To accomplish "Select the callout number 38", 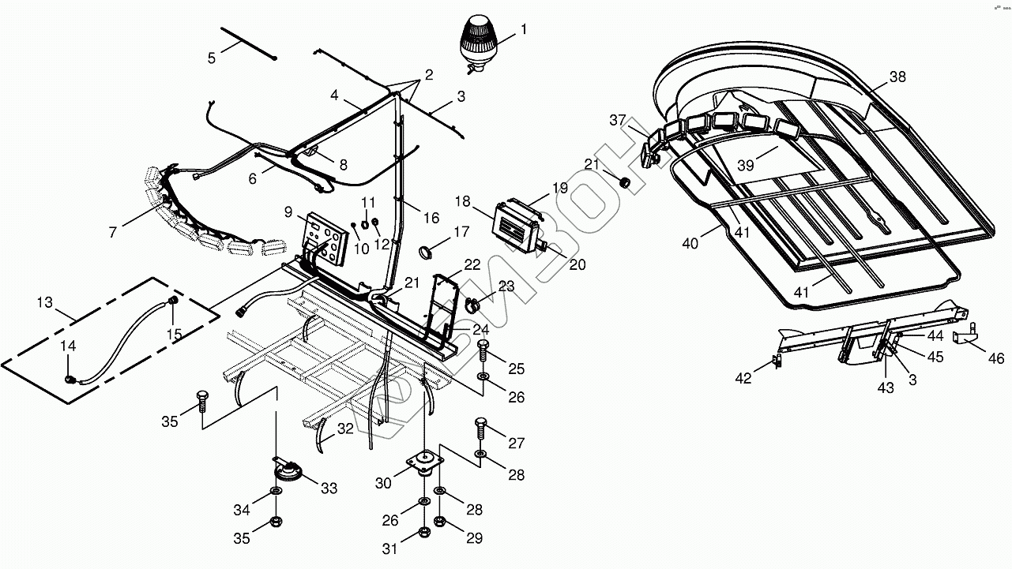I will click(x=897, y=77).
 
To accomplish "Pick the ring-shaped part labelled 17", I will click(x=427, y=252).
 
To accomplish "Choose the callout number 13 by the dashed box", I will click(x=44, y=302).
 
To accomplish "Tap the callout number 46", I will click(x=995, y=358).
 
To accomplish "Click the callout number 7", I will click(x=114, y=232).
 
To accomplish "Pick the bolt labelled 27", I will click(x=480, y=426).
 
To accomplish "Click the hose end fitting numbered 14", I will click(x=70, y=379).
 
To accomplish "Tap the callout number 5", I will click(x=211, y=58).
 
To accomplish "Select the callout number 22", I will click(x=472, y=264).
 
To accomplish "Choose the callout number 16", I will click(x=431, y=218).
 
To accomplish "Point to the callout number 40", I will click(x=690, y=244).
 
